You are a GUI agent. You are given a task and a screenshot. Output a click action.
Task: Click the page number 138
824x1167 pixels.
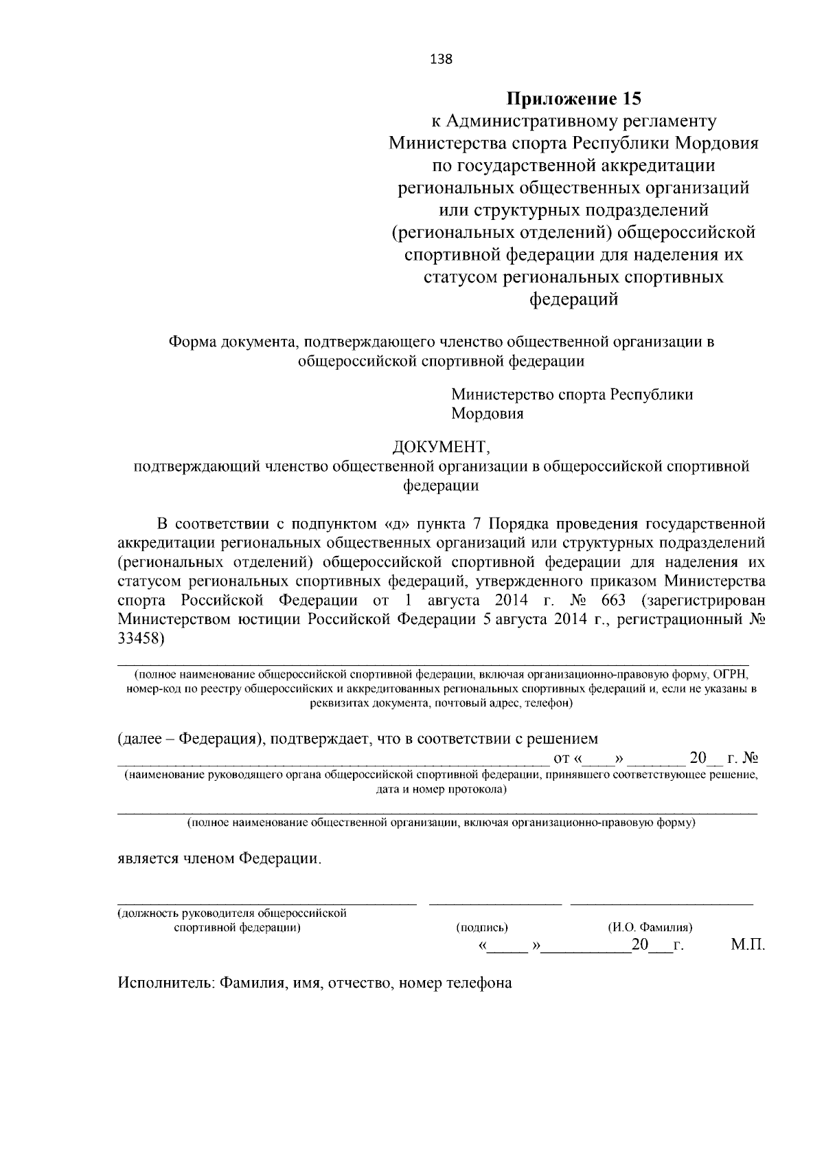441,59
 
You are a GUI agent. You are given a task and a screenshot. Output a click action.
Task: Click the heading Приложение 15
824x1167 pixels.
573,99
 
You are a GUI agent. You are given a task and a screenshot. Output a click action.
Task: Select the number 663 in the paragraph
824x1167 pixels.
613,600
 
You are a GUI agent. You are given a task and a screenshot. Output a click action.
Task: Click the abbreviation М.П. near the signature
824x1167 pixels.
747,945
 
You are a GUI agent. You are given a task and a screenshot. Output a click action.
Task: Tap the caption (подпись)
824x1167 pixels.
482,927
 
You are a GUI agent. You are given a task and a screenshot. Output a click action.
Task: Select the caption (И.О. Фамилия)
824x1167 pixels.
650,927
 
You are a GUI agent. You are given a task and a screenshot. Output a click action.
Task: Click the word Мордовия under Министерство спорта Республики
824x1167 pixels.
487,414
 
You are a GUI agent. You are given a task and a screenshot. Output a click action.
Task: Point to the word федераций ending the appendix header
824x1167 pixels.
573,299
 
